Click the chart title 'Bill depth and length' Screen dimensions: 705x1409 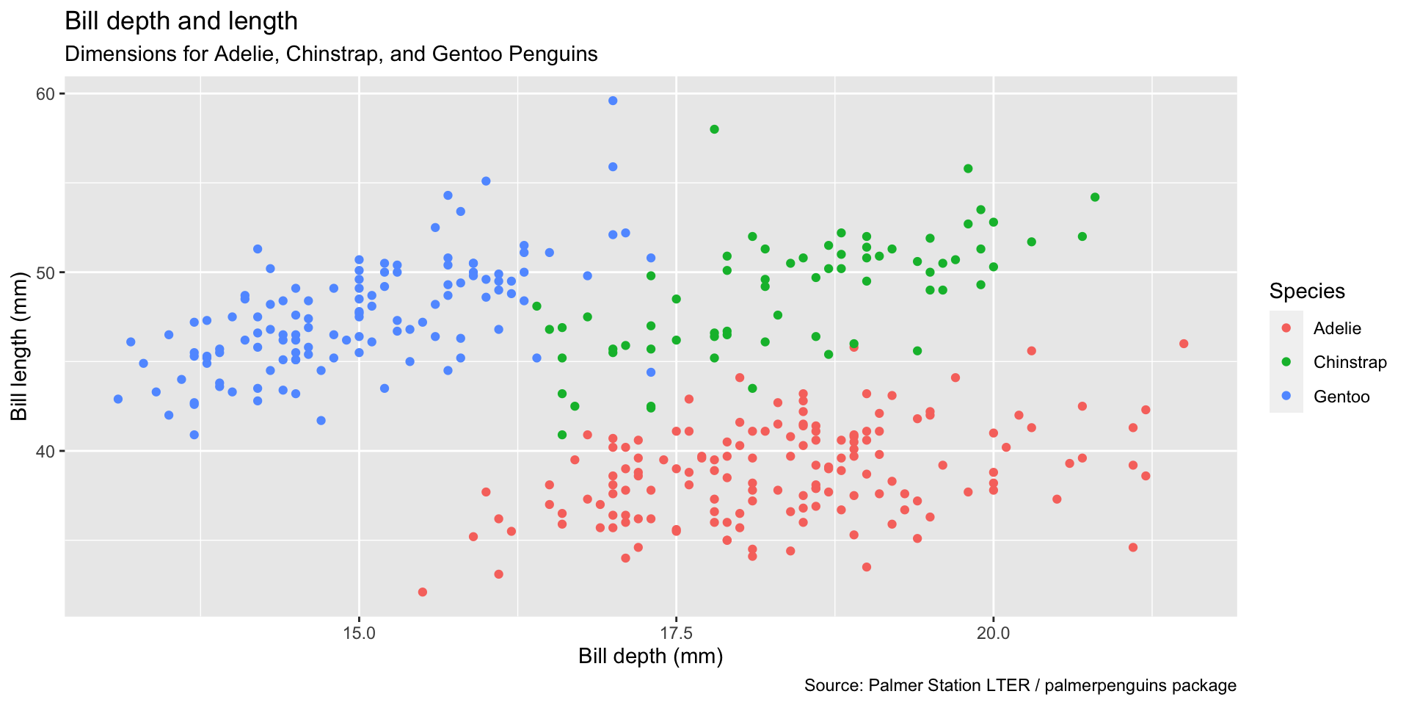pyautogui.click(x=181, y=21)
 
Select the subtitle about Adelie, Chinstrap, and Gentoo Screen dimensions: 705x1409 pyautogui.click(x=331, y=54)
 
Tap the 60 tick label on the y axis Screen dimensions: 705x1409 pyautogui.click(x=45, y=94)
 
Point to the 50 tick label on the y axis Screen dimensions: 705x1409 pyautogui.click(x=45, y=272)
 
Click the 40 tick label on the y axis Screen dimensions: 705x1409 pyautogui.click(x=45, y=451)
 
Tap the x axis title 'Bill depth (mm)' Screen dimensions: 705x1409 pyautogui.click(x=650, y=657)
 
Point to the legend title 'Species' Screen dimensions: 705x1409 pyautogui.click(x=1307, y=292)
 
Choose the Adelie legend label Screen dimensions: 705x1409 pyautogui.click(x=1337, y=328)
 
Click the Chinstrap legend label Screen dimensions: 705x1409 pyautogui.click(x=1350, y=362)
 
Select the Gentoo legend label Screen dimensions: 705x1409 pyautogui.click(x=1341, y=397)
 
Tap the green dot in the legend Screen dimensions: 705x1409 pyautogui.click(x=1286, y=362)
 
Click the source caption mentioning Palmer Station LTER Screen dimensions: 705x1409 pyautogui.click(x=1020, y=686)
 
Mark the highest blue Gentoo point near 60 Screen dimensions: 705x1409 pyautogui.click(x=613, y=101)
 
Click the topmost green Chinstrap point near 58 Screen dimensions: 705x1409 pyautogui.click(x=714, y=129)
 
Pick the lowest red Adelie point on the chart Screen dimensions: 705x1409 pyautogui.click(x=422, y=592)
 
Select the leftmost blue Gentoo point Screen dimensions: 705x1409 pyautogui.click(x=118, y=399)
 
